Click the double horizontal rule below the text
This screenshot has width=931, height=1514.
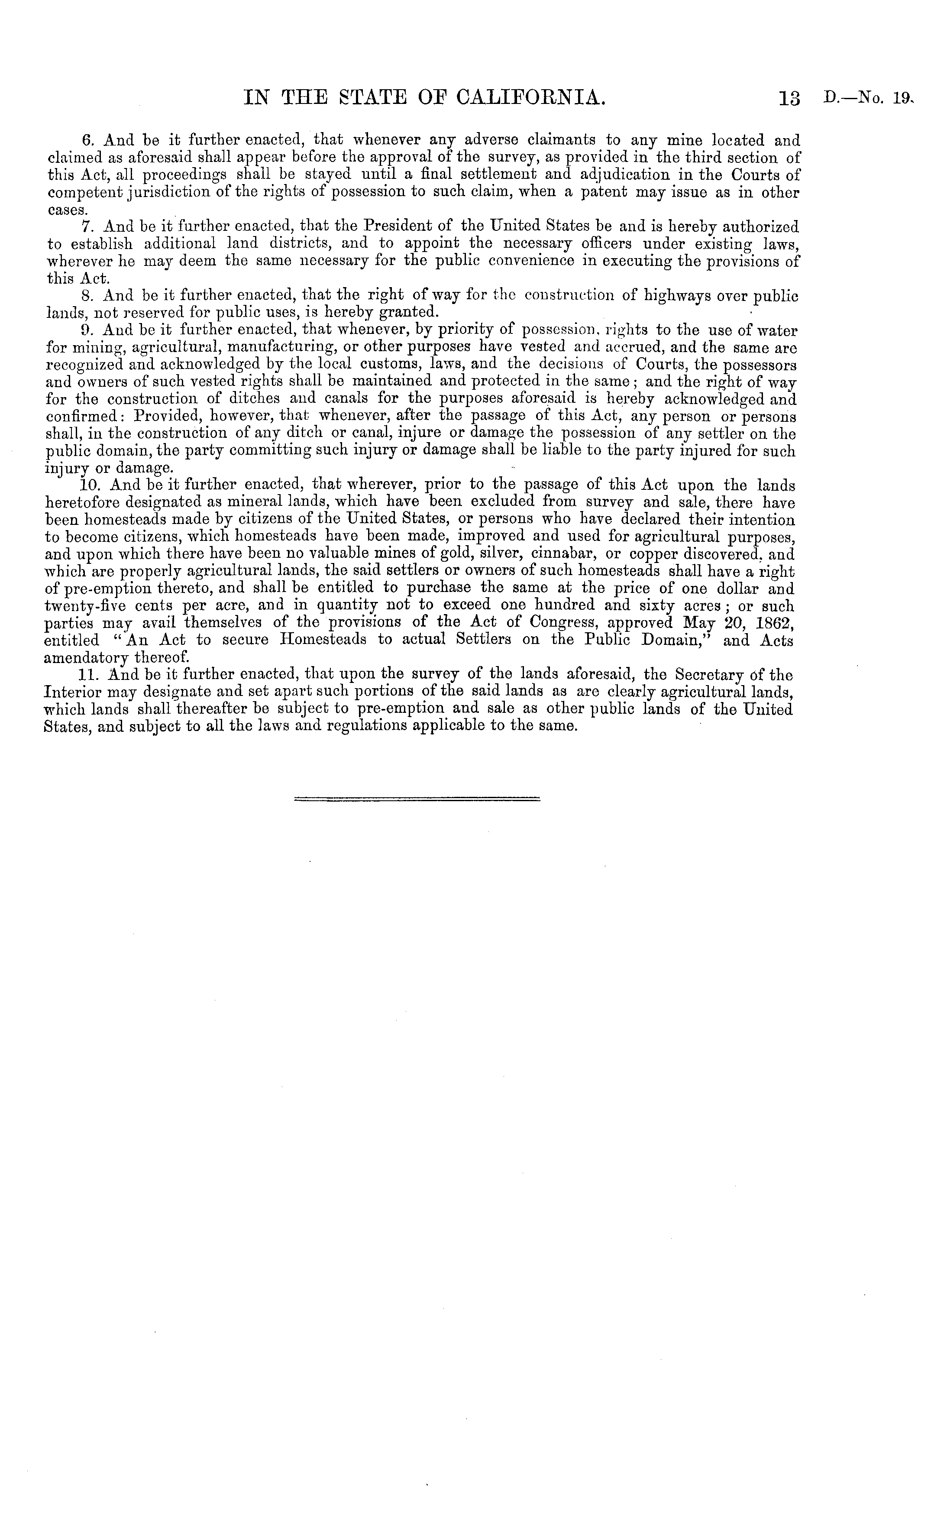point(417,799)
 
